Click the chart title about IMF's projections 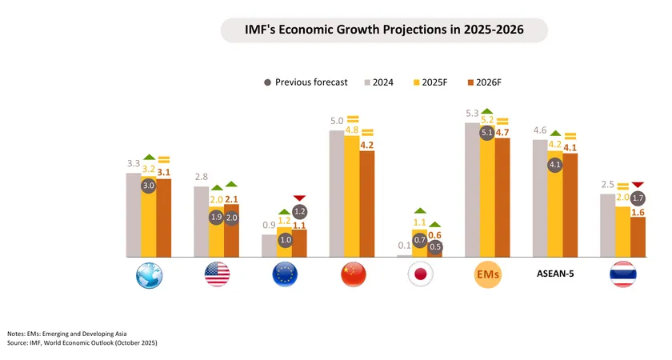(383, 30)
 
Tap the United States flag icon (217, 274)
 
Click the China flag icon (353, 274)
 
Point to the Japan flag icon (421, 274)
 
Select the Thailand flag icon (623, 274)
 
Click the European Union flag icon (285, 274)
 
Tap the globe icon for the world (149, 274)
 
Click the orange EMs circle (488, 274)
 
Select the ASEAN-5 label (556, 274)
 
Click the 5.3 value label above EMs (471, 114)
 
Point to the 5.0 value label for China (337, 121)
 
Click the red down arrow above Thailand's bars (638, 185)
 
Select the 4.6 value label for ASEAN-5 (540, 130)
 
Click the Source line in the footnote (82, 342)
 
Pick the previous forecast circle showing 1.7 (638, 197)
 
